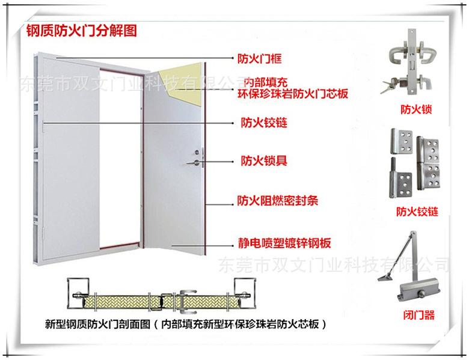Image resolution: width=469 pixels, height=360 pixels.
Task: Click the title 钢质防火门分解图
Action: (x=82, y=31)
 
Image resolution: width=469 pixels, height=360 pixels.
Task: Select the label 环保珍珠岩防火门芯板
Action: (x=293, y=94)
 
